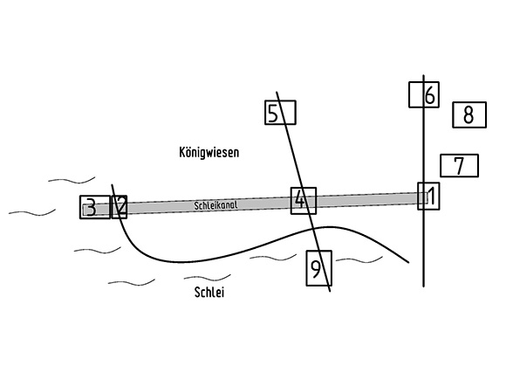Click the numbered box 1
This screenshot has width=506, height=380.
pos(428,197)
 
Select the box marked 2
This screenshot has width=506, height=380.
pos(120,207)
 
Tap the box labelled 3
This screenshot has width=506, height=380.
pos(95,207)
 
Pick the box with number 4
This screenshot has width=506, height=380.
pos(304,201)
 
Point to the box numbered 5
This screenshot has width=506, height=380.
pos(280,113)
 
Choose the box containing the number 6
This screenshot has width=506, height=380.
pos(424,94)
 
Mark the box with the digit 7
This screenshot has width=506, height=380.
pos(459,165)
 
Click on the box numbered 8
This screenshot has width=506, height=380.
pos(469,114)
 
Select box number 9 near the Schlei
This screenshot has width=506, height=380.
pos(318,268)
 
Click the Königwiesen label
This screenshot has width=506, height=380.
pos(209,153)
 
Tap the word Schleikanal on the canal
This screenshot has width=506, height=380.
pos(215,205)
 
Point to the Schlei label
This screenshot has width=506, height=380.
pos(209,292)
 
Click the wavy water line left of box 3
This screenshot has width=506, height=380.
pos(32,213)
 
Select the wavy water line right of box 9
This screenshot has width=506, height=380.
pos(359,260)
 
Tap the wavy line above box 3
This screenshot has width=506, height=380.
pos(72,180)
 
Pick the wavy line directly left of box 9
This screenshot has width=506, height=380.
pos(273,258)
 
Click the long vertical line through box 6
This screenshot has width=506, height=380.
pos(424,181)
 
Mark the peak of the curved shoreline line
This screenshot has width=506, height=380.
pos(329,227)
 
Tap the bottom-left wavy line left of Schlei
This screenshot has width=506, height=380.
pos(132,283)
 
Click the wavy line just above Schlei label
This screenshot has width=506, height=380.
pos(207,278)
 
